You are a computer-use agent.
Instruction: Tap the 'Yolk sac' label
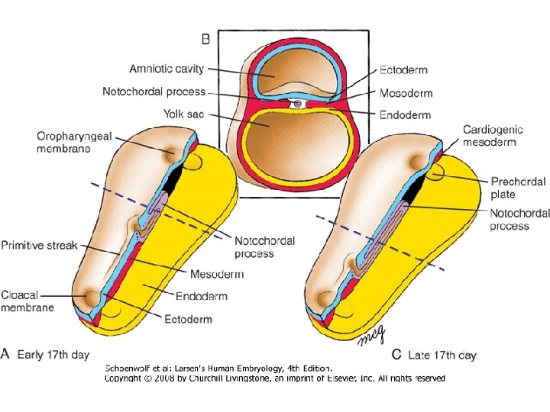[x=183, y=114]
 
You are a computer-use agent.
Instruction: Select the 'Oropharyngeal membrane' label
[x=74, y=143]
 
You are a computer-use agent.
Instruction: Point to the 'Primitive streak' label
[x=39, y=246]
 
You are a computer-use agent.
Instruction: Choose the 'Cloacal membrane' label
[x=27, y=301]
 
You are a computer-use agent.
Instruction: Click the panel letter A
[x=6, y=354]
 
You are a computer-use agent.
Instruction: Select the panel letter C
[x=397, y=355]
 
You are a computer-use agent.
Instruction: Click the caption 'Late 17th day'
[x=443, y=356]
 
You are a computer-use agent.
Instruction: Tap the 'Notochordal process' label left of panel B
[x=154, y=92]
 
